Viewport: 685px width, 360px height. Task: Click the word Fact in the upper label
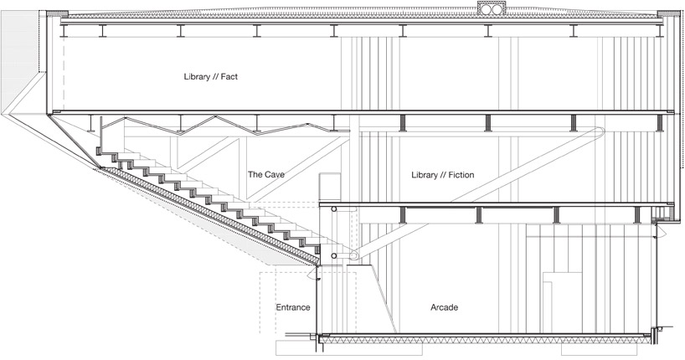(229, 77)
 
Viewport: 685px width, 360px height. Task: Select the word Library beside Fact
(197, 77)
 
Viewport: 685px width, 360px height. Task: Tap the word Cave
(275, 175)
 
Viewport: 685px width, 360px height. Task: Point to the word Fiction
(461, 175)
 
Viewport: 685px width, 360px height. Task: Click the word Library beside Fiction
(425, 176)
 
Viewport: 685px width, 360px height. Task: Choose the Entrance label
(293, 307)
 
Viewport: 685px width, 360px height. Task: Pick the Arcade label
(445, 307)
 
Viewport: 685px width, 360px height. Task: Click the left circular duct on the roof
(485, 9)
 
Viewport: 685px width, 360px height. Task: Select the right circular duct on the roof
(497, 9)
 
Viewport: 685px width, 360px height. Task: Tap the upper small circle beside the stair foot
(334, 209)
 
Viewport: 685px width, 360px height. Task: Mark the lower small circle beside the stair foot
(334, 256)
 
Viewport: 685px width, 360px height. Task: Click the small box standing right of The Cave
(330, 188)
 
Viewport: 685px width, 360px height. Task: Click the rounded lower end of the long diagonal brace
(354, 255)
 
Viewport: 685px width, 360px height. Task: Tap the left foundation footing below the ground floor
(349, 348)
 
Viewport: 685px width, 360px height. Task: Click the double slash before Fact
(215, 77)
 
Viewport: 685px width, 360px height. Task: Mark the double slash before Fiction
(442, 175)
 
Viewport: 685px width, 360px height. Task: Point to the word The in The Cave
(255, 175)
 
